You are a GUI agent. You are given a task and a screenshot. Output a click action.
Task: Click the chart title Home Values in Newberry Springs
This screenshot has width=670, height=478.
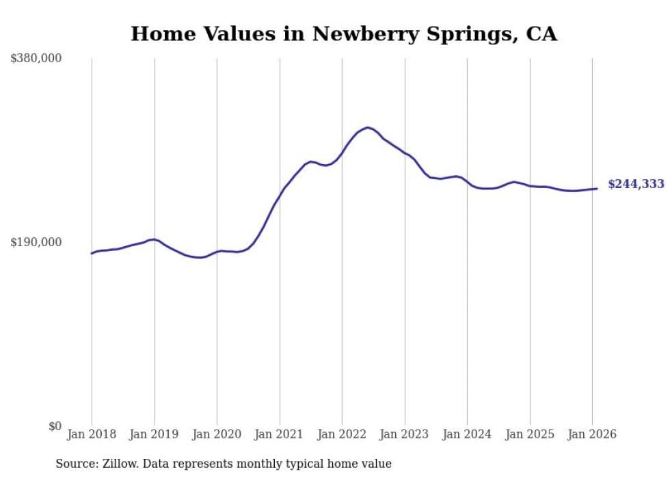(343, 34)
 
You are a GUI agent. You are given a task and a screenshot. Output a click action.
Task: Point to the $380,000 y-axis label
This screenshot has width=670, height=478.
(36, 59)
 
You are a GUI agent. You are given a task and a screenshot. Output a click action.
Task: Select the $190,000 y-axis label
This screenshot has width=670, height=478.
(36, 242)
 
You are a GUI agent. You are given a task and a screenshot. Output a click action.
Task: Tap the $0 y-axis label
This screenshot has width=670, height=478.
(55, 426)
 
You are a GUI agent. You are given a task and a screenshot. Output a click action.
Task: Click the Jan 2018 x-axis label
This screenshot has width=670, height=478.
(92, 435)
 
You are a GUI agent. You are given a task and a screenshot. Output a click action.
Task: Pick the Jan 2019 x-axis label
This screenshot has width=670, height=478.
(155, 435)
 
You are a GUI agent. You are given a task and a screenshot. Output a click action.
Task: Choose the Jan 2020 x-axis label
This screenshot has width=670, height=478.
(217, 435)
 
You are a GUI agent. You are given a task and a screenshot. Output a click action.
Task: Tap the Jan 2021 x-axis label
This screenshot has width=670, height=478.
(280, 435)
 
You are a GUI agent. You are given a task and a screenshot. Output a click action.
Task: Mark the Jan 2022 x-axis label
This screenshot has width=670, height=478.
(342, 435)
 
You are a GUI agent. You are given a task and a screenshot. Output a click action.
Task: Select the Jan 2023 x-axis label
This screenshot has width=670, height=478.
(405, 435)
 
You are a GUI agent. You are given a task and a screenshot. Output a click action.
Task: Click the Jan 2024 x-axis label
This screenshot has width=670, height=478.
(467, 435)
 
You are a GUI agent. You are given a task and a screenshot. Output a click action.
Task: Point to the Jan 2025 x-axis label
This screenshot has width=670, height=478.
(530, 435)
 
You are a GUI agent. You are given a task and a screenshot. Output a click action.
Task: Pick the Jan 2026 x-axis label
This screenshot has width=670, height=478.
(592, 435)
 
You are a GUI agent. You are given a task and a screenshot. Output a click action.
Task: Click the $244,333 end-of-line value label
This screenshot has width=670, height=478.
(636, 185)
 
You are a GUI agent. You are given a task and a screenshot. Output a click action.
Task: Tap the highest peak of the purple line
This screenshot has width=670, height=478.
(368, 127)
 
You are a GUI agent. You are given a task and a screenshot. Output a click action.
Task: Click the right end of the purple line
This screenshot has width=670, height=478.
(598, 189)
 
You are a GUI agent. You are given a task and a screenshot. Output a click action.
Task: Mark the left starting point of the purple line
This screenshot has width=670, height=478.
(92, 254)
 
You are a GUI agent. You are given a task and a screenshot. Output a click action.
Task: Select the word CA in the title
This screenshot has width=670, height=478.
(541, 34)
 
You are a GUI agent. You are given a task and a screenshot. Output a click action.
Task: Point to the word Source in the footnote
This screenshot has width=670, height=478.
(74, 464)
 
